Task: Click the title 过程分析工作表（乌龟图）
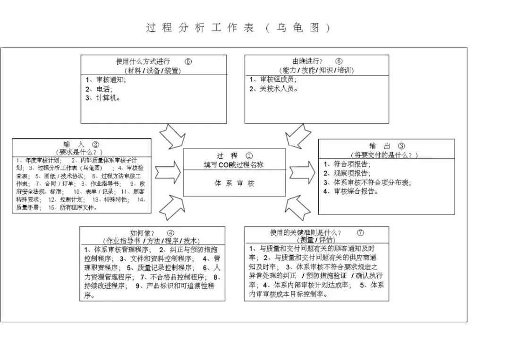click(x=238, y=28)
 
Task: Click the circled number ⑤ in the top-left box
click(x=188, y=61)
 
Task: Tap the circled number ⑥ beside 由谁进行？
click(x=339, y=61)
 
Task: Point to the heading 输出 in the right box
click(x=380, y=146)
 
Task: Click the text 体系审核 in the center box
click(x=234, y=183)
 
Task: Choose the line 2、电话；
click(x=100, y=89)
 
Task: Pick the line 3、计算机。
click(x=103, y=98)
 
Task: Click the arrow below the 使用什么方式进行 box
click(x=172, y=136)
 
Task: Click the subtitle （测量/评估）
click(x=316, y=240)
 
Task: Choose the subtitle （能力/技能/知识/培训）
click(x=316, y=70)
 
